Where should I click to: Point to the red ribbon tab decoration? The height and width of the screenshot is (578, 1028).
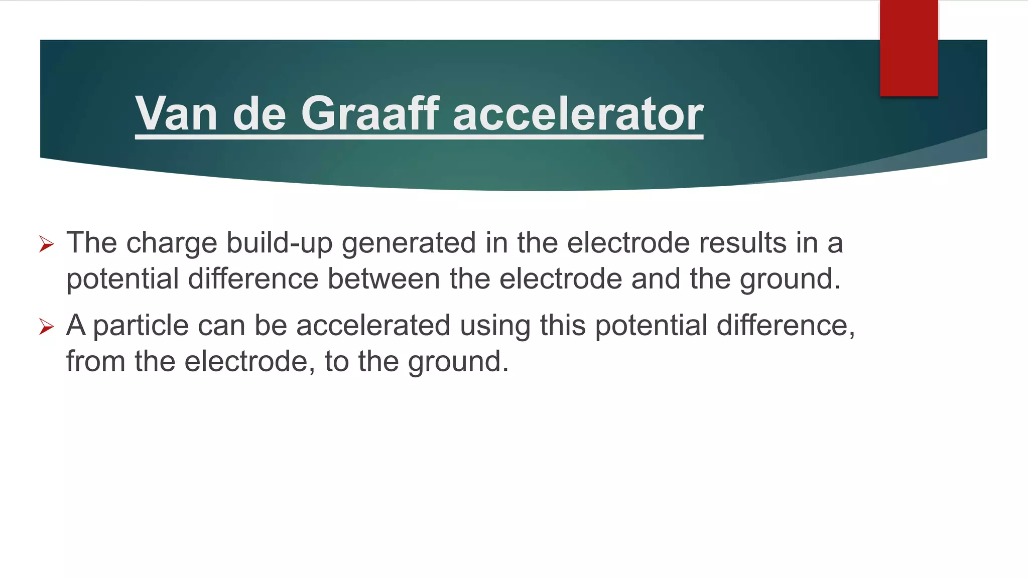pyautogui.click(x=909, y=48)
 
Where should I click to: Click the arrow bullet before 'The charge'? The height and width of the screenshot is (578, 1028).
pyautogui.click(x=46, y=244)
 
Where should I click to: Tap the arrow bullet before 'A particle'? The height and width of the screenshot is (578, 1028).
pyautogui.click(x=46, y=327)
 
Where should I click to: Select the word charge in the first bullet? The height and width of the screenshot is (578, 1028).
pyautogui.click(x=172, y=244)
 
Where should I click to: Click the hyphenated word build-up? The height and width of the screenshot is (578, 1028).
pyautogui.click(x=280, y=244)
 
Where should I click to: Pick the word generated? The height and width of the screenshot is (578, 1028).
pyautogui.click(x=409, y=244)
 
